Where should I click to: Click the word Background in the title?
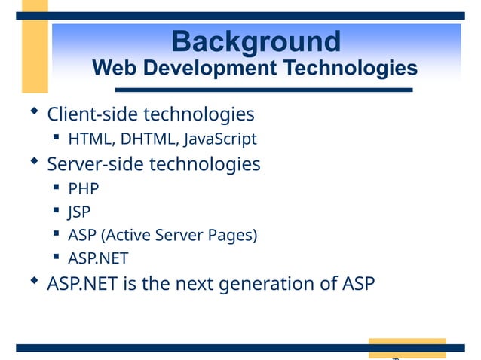coord(256,41)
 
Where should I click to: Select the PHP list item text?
coord(83,188)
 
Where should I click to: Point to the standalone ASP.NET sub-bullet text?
coord(98,259)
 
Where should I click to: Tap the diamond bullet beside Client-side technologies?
coord(34,112)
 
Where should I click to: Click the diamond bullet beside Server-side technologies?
coord(34,160)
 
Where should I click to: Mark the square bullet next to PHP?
coord(57,187)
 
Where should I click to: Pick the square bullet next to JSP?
coord(57,211)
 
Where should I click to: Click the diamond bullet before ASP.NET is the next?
coord(34,281)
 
